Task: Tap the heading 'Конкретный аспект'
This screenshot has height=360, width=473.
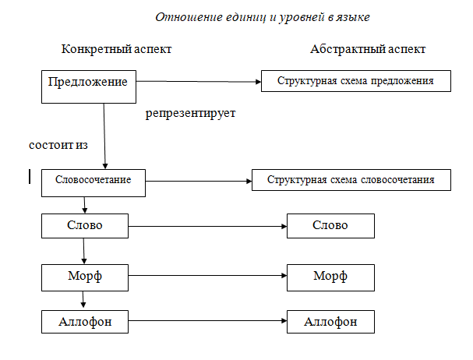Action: tap(116, 49)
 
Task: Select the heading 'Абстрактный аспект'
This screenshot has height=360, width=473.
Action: tap(368, 49)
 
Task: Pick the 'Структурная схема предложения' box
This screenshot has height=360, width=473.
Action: tap(355, 80)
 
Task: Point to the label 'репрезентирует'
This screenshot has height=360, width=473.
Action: tap(190, 113)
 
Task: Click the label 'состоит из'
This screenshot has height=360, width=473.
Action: tap(57, 146)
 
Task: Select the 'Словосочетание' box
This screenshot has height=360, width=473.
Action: tap(93, 181)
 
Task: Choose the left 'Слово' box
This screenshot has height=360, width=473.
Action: tap(85, 226)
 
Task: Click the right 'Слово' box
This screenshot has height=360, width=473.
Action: tap(330, 226)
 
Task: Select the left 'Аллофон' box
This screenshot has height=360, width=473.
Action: tap(85, 321)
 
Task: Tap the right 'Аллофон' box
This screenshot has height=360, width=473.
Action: tap(330, 321)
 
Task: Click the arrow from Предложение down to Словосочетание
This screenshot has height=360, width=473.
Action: tap(104, 136)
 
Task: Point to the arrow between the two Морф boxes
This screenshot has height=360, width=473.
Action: tap(206, 275)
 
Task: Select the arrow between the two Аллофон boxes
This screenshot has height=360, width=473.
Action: tap(206, 321)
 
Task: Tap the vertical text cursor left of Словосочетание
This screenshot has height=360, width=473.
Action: tap(29, 178)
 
